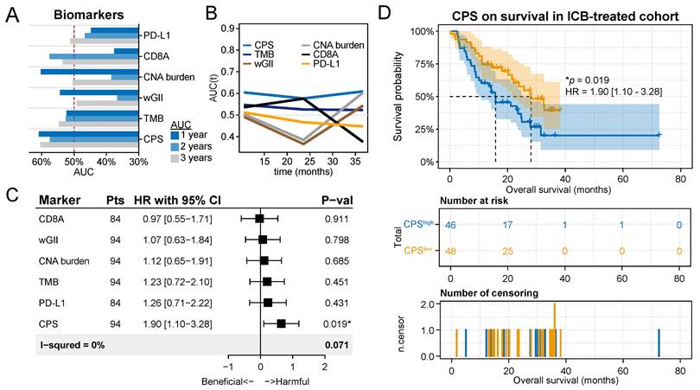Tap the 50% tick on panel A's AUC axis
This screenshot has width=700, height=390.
point(74,162)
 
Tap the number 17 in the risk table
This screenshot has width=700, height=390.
point(512,226)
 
